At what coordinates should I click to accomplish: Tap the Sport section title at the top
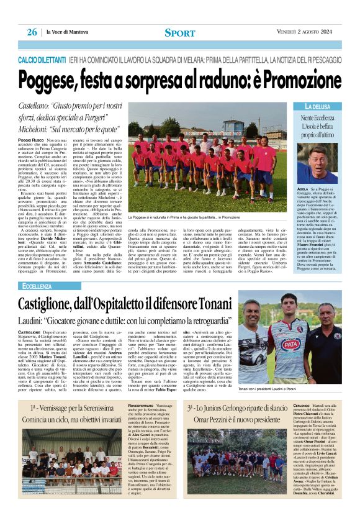(x=179, y=33)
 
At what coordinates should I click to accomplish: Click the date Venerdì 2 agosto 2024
(x=305, y=33)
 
